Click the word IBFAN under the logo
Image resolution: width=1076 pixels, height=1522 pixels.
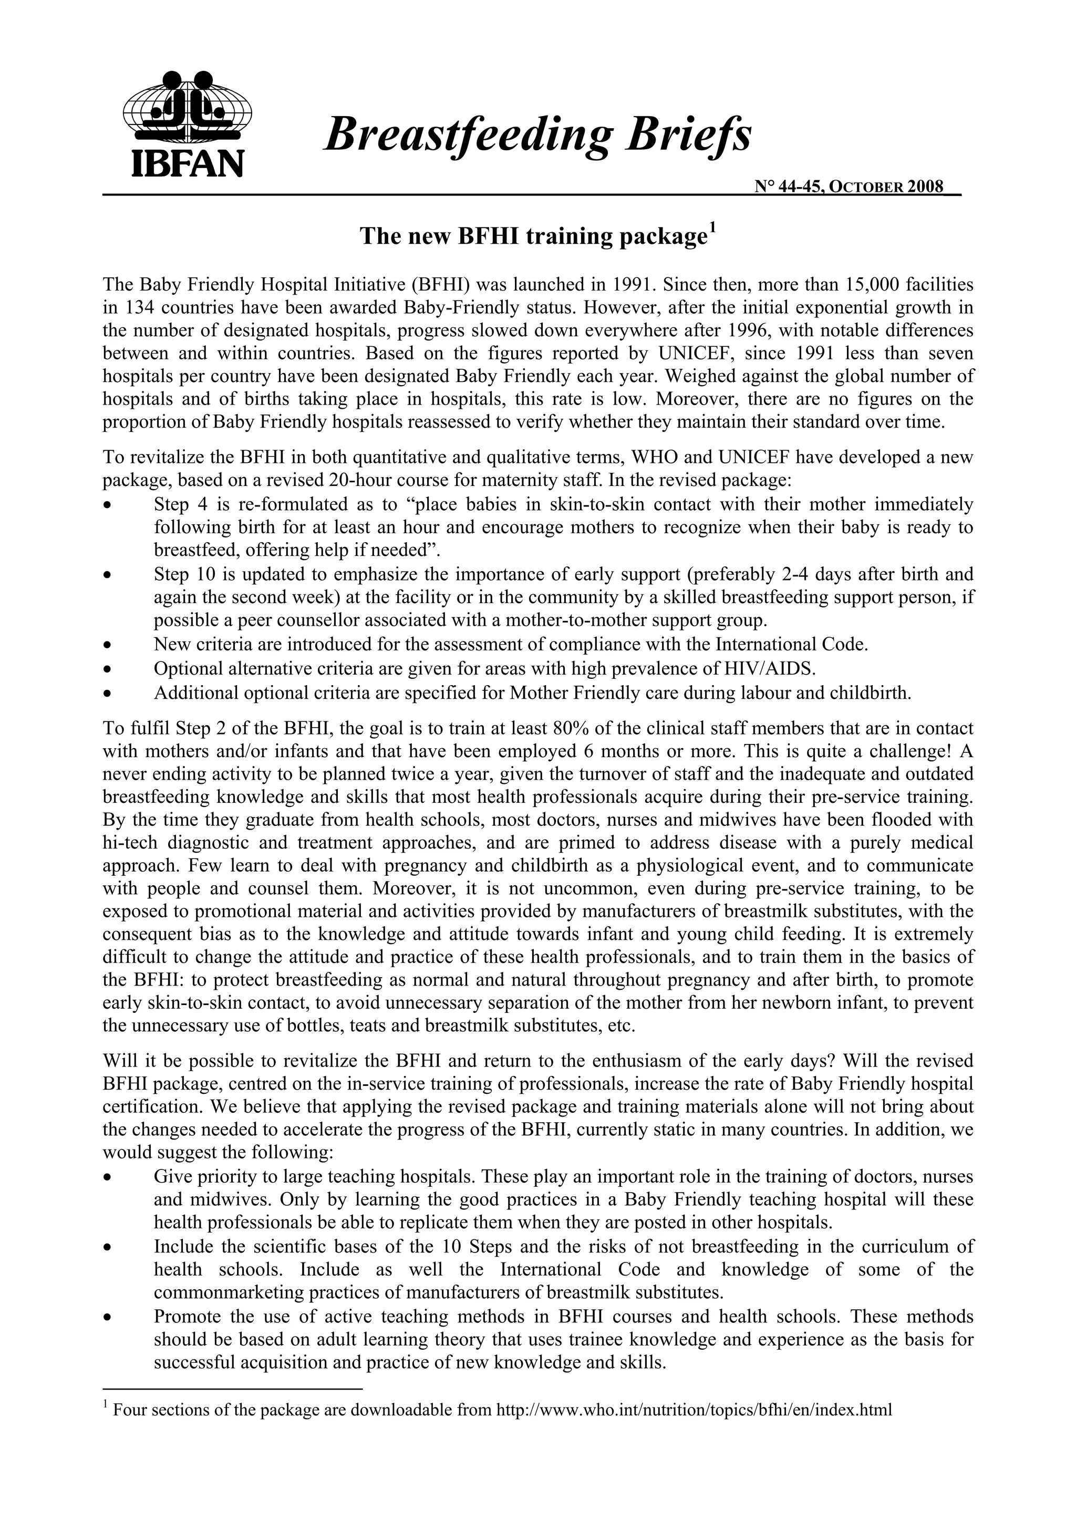(188, 163)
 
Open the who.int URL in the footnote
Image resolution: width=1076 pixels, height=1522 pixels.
(694, 1428)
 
